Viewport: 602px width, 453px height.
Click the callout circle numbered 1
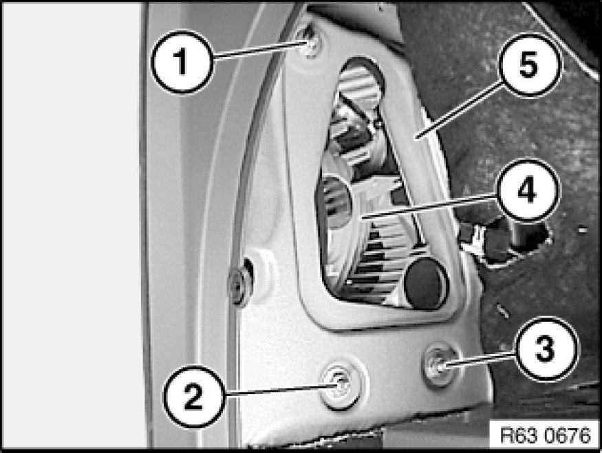pos(182,62)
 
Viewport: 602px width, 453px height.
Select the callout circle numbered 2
pos(193,396)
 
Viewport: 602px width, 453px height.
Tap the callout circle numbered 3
pos(546,349)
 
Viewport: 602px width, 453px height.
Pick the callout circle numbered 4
pos(527,190)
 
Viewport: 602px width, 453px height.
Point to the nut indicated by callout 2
pos(340,385)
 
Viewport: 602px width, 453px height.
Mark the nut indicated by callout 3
pos(438,365)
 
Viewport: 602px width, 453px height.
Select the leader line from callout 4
pos(429,208)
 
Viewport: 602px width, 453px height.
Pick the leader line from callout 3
pos(477,360)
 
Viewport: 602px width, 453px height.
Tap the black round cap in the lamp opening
pos(425,283)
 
